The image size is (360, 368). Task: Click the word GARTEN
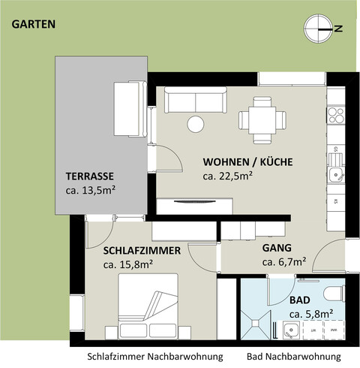point(34,24)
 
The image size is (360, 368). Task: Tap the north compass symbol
point(319,29)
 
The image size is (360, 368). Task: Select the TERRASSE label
point(88,176)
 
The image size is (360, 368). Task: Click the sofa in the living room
point(195,101)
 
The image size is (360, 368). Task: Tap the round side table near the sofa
point(196,124)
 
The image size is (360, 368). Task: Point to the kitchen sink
point(335,176)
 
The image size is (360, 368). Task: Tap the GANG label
point(277,247)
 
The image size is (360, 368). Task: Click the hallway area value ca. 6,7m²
point(283,262)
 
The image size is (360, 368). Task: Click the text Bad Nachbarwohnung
point(293,356)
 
